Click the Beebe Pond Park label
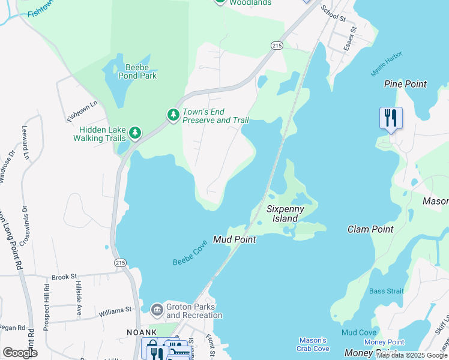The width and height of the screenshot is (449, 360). pos(136,71)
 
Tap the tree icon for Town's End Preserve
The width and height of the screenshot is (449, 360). pos(173,115)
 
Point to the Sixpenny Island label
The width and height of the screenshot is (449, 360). pos(286,214)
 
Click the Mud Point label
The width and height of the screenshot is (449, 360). pos(235,239)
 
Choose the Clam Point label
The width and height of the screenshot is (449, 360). pos(370,229)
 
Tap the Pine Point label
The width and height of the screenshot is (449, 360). pos(405,84)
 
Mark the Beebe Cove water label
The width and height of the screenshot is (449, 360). pos(190,253)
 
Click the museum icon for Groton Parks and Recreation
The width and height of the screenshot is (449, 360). pos(157,310)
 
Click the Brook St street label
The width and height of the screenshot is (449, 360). pos(65,277)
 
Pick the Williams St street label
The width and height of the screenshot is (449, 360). pos(116,310)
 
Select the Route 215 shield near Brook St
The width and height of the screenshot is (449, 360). pos(120,263)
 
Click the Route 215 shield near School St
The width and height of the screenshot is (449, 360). pos(276,46)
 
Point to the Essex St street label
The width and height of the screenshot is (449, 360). pos(350,38)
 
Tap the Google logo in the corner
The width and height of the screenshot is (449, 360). pos(20,353)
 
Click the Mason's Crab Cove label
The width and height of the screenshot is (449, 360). pos(313,344)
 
